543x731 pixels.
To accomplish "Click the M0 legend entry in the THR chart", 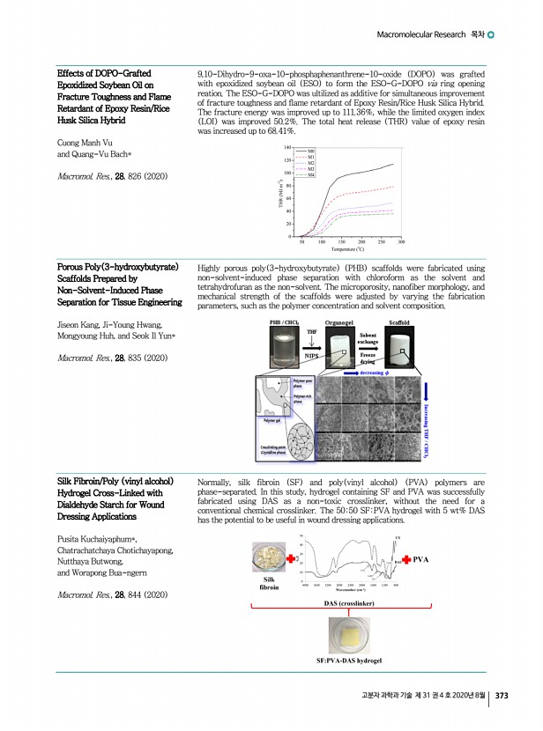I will pos(310,151).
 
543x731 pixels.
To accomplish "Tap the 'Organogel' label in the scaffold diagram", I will pos(340,324).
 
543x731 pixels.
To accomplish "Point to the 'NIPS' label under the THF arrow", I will pos(311,356).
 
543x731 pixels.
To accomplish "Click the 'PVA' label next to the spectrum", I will pos(421,559).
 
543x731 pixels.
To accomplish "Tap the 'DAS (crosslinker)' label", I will pos(350,603).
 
